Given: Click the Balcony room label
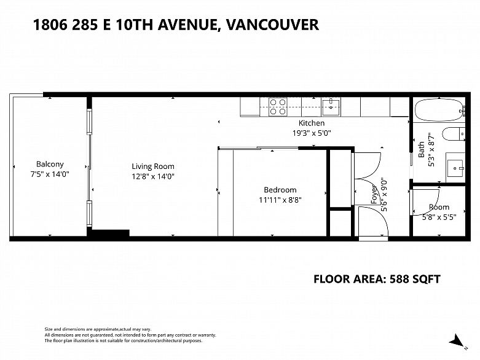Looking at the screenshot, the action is point(50,164).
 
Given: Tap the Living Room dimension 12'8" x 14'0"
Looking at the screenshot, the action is point(153,176).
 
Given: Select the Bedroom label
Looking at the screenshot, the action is point(280,190).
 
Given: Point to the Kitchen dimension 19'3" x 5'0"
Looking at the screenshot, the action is point(312,133).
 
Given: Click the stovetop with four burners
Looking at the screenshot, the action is point(278,107).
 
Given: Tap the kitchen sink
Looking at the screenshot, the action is point(331,107).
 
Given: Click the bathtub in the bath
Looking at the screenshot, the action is point(439,110).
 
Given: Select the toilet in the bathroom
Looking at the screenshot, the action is point(454,134).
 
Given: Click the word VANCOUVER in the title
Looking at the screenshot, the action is point(272,25).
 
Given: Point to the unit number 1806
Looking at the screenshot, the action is point(50,25).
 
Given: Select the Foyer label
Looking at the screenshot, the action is point(374,195).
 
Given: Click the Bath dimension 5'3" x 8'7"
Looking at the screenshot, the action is point(431,149).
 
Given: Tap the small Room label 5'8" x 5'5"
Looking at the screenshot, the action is point(439,213).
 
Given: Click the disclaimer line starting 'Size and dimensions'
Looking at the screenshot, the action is point(98,329).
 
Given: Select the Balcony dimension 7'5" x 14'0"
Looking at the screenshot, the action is point(50,174).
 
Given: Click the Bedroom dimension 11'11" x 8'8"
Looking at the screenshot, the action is point(280,200).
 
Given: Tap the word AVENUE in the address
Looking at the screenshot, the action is point(188,25).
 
